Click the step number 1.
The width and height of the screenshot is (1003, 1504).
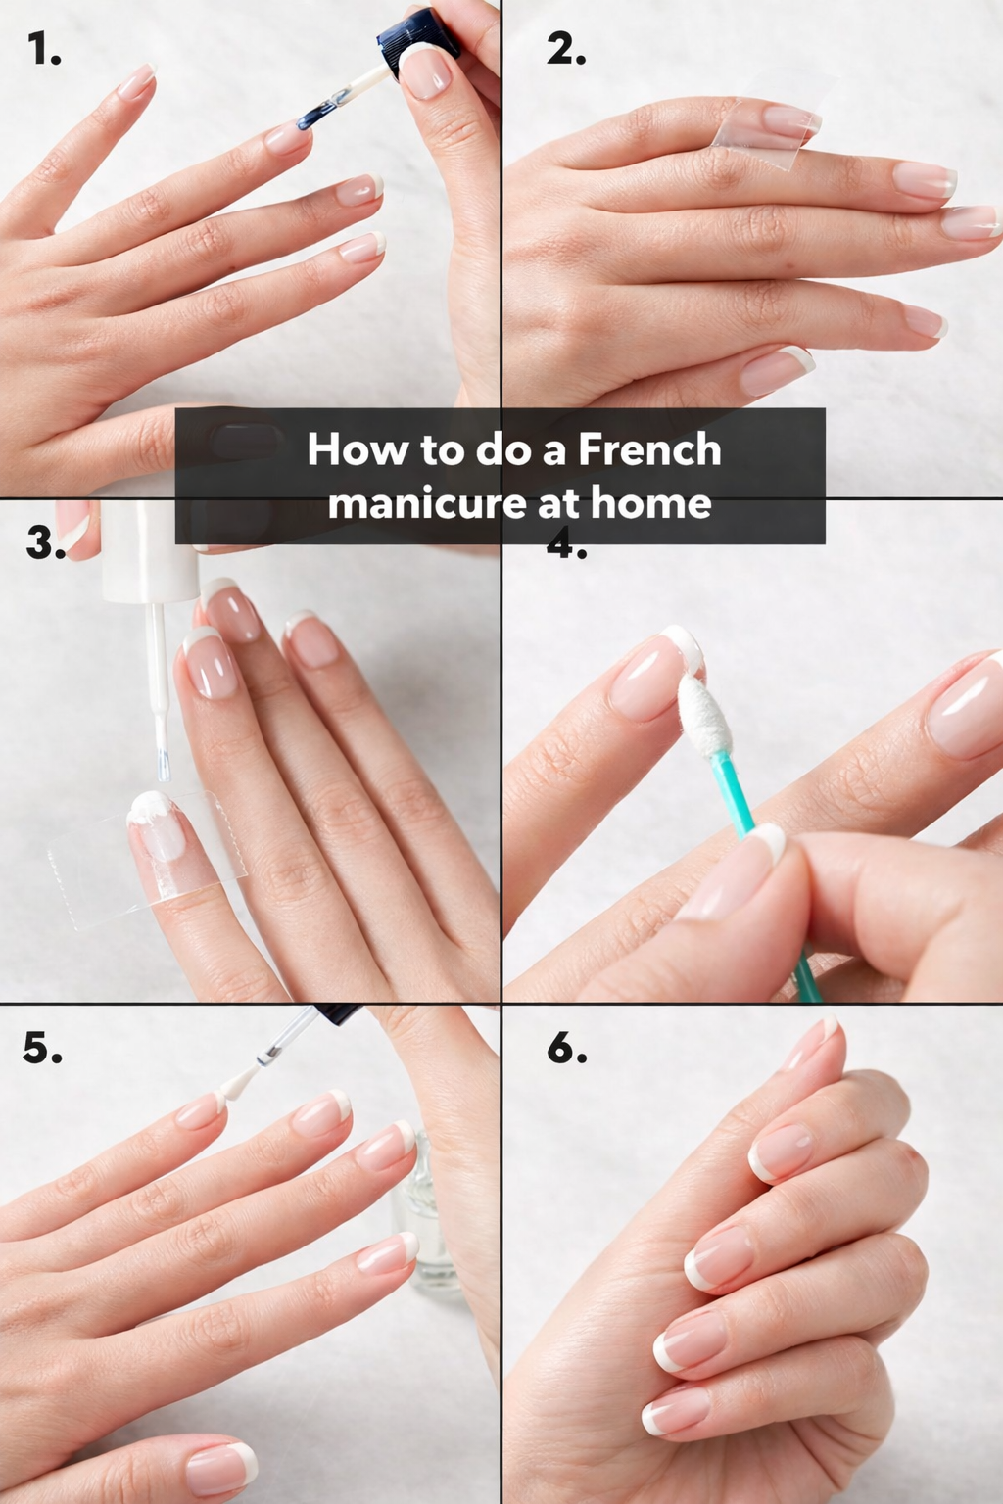[44, 49]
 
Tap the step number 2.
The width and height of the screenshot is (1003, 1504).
[566, 49]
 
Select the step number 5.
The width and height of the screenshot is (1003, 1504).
[42, 1047]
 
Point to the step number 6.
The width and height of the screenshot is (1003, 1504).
[566, 1047]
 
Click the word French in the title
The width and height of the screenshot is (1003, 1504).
[649, 448]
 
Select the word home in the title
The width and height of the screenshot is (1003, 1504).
[651, 502]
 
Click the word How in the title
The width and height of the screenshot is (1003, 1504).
[357, 448]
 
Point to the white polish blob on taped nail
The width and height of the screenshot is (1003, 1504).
[151, 807]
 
